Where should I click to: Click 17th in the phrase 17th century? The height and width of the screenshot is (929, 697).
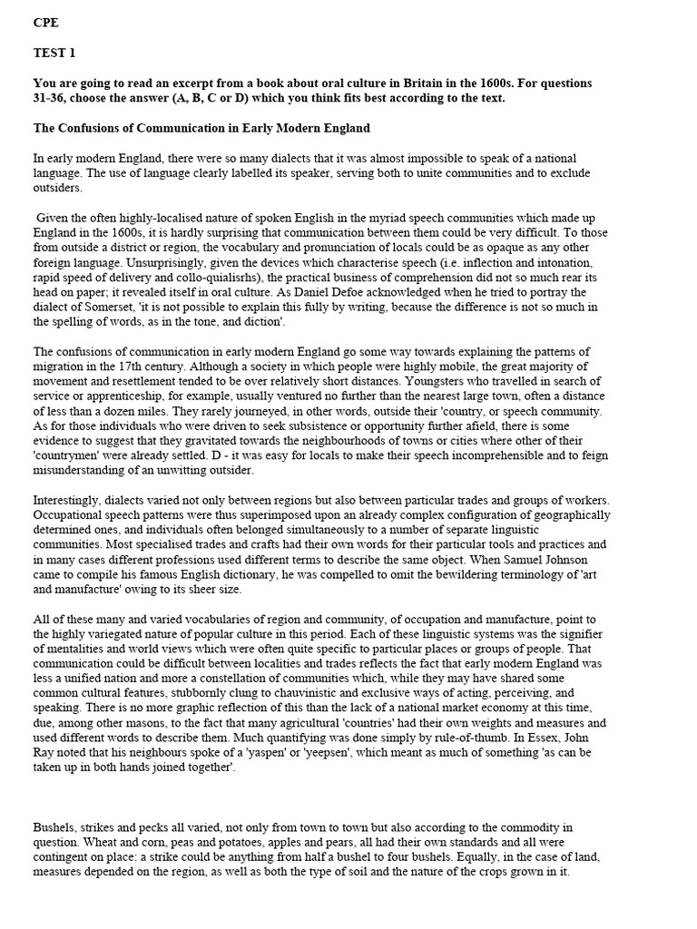[170, 367]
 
